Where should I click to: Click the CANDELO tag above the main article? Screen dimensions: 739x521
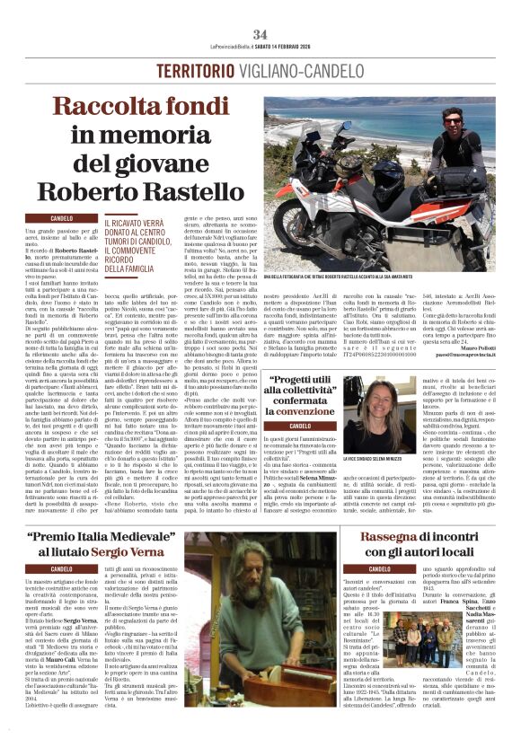pyautogui.click(x=62, y=218)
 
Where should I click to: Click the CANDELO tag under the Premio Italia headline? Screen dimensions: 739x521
pyautogui.click(x=62, y=568)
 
